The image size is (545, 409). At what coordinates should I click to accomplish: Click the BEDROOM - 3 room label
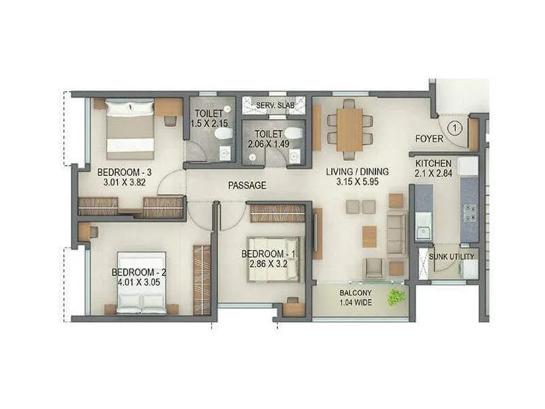[x=124, y=172]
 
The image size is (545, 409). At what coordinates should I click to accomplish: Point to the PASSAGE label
[x=247, y=185]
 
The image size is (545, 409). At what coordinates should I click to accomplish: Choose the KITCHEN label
[x=434, y=164]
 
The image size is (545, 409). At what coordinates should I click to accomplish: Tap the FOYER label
[x=429, y=139]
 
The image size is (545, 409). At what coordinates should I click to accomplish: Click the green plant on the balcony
[x=396, y=297]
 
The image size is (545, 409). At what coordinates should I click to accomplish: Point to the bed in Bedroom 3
[x=129, y=128]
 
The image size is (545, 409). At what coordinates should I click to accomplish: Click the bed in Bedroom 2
[x=142, y=283]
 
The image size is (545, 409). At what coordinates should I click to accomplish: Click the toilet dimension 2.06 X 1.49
[x=268, y=144]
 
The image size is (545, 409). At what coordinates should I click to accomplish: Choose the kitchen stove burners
[x=469, y=213]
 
